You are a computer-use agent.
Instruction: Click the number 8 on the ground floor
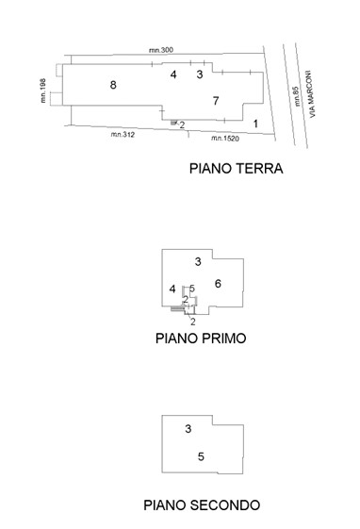[113, 85]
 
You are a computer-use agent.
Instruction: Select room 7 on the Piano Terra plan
[216, 100]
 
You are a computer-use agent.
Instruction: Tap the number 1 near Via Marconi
[255, 124]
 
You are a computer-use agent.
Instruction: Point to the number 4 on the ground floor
[173, 74]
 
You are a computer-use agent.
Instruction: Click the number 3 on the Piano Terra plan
[199, 74]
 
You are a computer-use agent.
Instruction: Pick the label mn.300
[161, 49]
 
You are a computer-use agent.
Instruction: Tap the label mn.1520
[225, 140]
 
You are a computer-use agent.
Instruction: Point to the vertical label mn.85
[295, 99]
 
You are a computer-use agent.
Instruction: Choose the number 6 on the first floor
[218, 283]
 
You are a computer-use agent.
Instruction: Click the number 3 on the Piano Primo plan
[197, 260]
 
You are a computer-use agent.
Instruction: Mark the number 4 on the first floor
[172, 289]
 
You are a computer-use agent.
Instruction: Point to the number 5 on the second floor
[201, 456]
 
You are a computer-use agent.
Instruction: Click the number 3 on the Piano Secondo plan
[188, 429]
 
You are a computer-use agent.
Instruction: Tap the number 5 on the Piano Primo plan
[192, 289]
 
